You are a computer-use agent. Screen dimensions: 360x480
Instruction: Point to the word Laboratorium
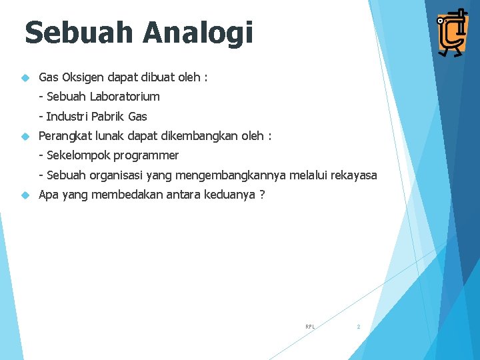[x=125, y=97]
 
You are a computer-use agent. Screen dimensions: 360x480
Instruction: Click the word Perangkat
[x=65, y=136]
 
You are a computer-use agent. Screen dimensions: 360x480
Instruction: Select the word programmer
[x=146, y=156]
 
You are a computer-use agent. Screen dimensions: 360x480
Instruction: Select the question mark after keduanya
[x=262, y=195]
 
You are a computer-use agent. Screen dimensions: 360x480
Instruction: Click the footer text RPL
[x=310, y=327]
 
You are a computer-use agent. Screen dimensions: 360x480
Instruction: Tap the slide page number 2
[x=358, y=327]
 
